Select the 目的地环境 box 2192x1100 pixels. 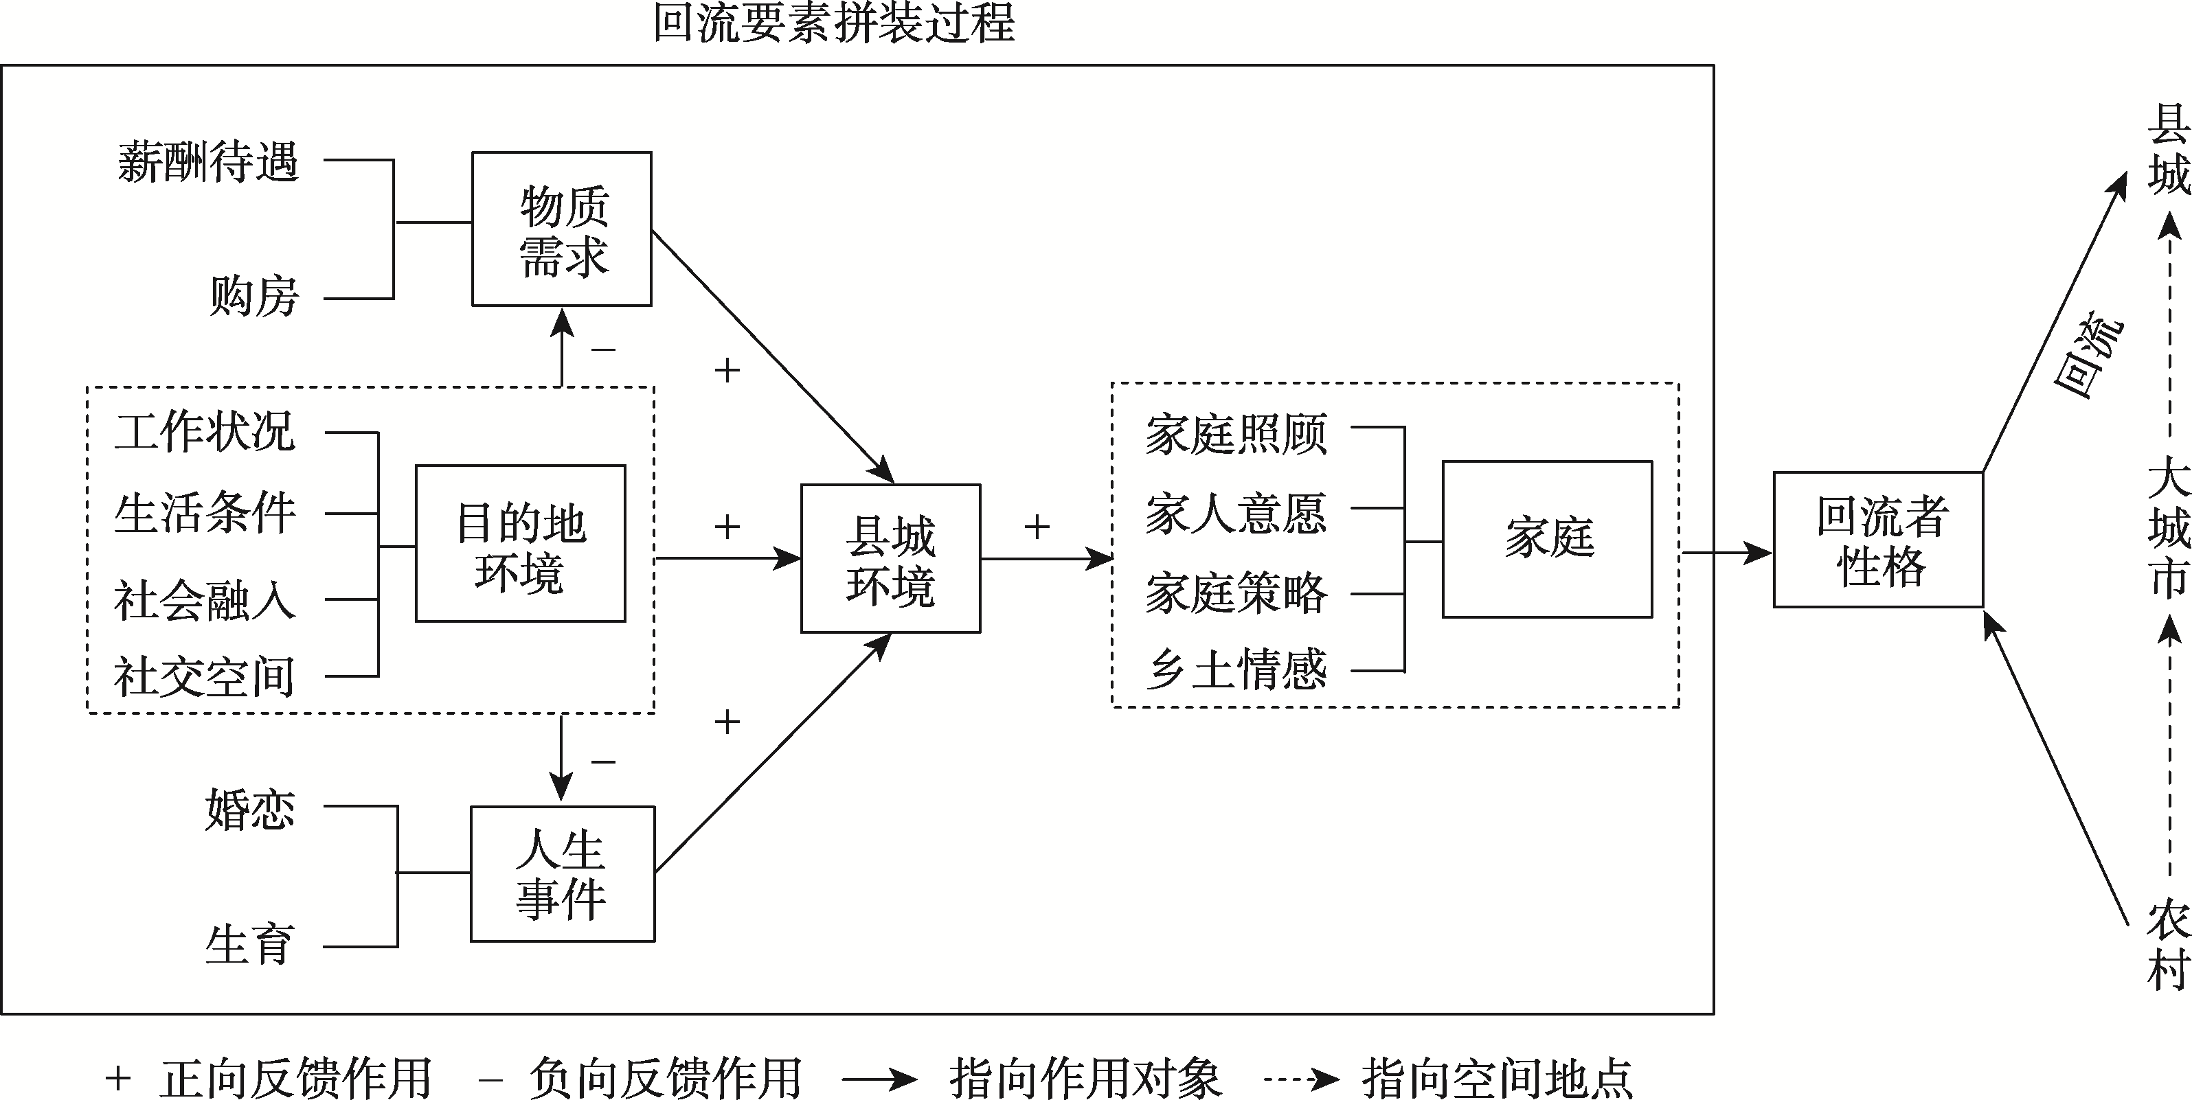(520, 544)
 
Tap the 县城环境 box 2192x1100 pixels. (890, 559)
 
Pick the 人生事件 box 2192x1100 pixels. (562, 873)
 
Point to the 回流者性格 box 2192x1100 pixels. (1878, 540)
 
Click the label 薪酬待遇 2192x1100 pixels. (208, 161)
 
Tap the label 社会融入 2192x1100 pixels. (204, 599)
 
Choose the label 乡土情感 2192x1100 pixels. (1236, 669)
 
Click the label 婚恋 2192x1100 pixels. (250, 808)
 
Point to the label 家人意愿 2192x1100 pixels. (1236, 513)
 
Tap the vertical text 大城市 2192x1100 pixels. (2168, 527)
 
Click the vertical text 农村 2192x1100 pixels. (2168, 944)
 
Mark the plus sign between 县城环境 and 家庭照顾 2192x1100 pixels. (1037, 527)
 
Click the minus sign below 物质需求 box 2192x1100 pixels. (602, 349)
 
